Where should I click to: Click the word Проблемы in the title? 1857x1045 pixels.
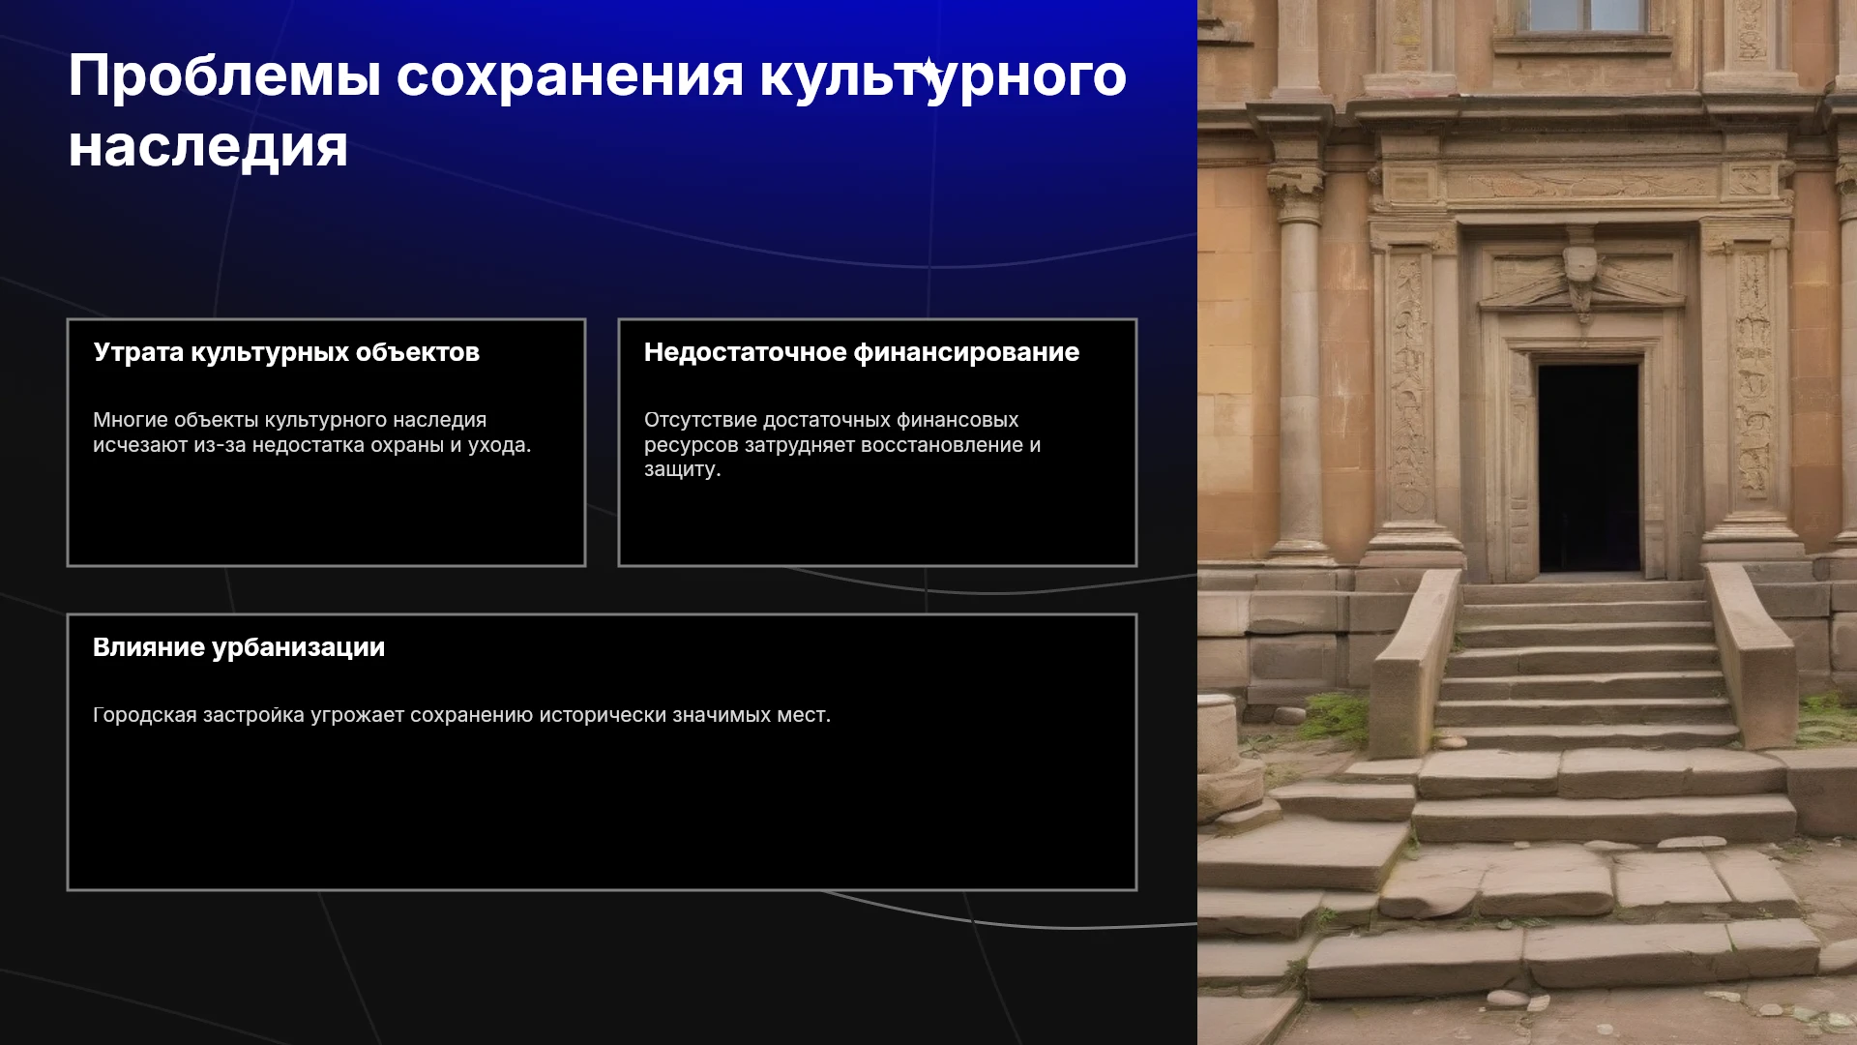click(x=224, y=75)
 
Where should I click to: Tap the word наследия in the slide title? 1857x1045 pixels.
click(x=208, y=148)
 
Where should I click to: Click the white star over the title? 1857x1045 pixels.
click(x=929, y=72)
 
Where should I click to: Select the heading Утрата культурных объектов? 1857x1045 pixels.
click(x=286, y=352)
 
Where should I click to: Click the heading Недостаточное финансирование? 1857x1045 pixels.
click(x=862, y=352)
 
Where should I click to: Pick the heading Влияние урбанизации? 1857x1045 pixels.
click(x=239, y=647)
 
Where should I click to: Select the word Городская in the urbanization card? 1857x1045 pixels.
click(x=145, y=715)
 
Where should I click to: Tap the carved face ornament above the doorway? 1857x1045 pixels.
click(x=1580, y=264)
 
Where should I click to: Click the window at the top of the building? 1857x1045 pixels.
click(x=1586, y=15)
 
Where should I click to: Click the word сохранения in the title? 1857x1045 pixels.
click(x=570, y=75)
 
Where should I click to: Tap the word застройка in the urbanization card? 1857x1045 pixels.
click(x=253, y=715)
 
